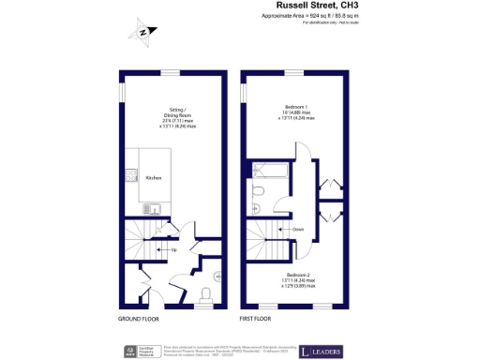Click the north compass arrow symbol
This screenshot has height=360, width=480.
tap(141, 33)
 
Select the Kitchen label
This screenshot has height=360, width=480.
tap(153, 177)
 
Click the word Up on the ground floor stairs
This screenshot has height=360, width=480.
tap(173, 250)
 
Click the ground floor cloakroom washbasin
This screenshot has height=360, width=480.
tap(217, 276)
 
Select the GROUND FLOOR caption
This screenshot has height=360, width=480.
tap(138, 319)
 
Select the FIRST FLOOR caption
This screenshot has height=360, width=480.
tap(260, 319)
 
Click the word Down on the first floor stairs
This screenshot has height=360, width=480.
tap(297, 229)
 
